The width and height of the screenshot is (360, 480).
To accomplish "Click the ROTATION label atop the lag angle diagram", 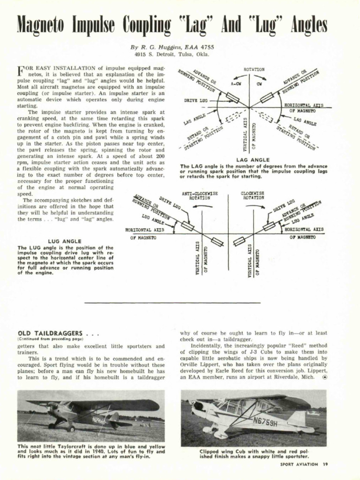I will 254,69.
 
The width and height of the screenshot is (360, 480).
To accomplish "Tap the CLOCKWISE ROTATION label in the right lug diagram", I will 253,195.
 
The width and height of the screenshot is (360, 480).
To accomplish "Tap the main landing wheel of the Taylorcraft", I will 70,427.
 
